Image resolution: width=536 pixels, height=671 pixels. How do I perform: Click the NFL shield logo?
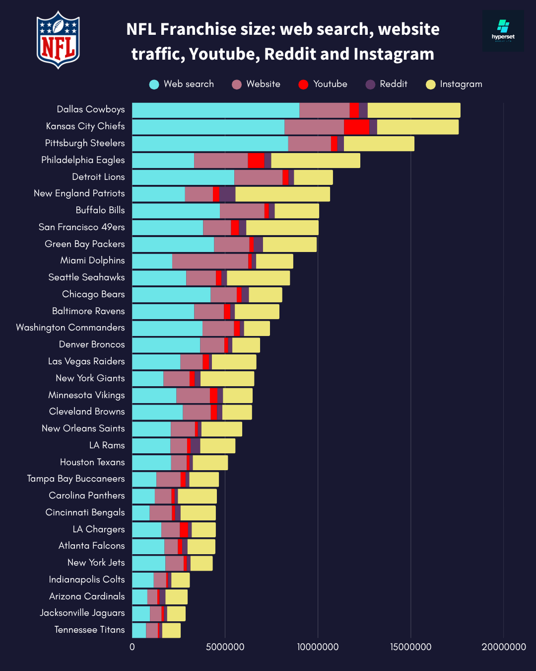[58, 40]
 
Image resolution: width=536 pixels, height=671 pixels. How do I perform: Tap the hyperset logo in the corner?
[503, 31]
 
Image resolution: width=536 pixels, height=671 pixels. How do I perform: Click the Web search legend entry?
[182, 84]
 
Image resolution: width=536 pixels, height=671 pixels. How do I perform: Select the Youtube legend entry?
[323, 84]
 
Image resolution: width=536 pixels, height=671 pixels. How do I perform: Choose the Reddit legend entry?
[387, 84]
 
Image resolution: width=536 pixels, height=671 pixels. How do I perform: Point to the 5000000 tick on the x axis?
[225, 647]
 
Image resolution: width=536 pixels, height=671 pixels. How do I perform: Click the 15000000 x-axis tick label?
[410, 647]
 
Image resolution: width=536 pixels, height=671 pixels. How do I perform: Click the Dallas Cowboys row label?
[91, 109]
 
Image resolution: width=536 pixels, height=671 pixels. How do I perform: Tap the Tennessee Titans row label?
[89, 630]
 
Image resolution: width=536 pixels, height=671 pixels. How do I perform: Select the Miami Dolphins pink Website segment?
[210, 261]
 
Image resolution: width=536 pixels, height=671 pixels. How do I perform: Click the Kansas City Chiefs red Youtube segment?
[356, 127]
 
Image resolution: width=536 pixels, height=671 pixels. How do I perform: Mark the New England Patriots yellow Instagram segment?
[282, 194]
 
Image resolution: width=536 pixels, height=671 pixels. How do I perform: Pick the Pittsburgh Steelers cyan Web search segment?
[210, 144]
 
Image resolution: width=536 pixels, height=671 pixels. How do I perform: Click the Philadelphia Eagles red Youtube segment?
[256, 161]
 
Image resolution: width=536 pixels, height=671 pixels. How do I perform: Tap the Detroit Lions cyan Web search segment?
[183, 177]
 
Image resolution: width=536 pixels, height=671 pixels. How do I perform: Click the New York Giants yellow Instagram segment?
[227, 379]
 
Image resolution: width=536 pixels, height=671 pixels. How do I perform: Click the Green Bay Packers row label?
[85, 244]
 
